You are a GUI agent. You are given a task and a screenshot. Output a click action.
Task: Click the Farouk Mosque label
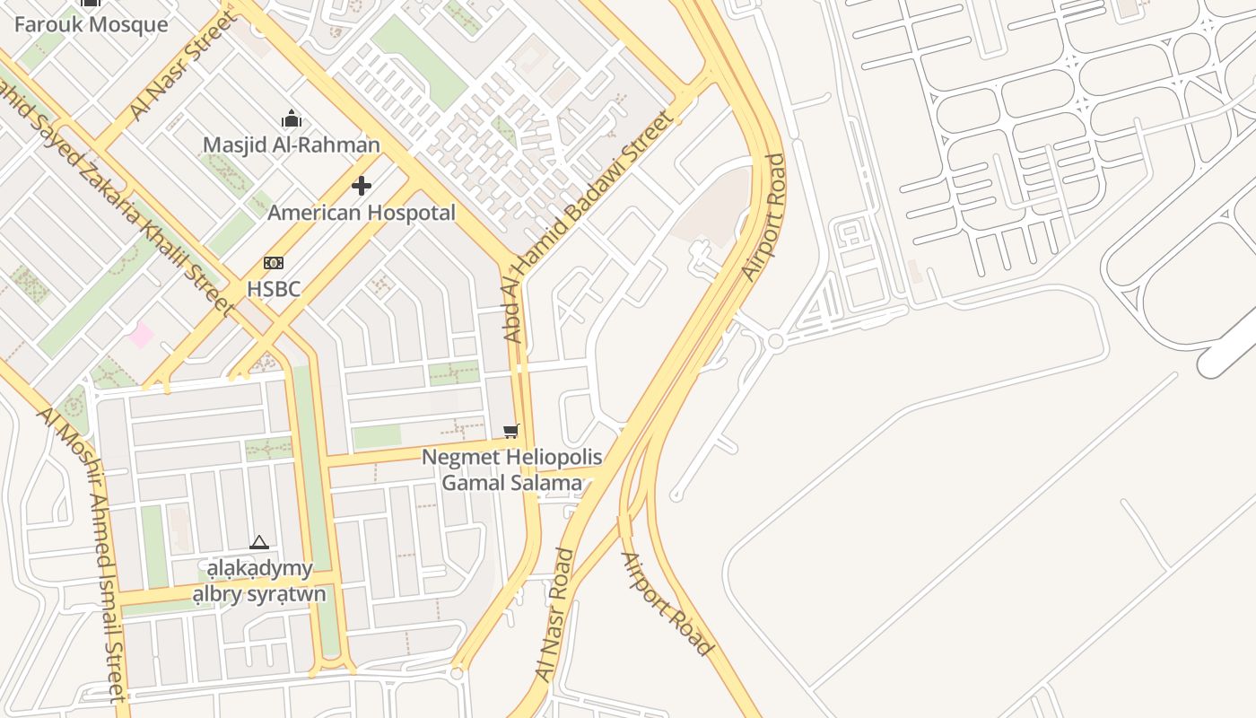pyautogui.click(x=91, y=24)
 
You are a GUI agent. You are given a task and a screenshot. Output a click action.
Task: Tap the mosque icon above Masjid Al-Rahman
pyautogui.click(x=291, y=118)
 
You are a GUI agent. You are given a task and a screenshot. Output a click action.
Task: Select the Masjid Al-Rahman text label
pyautogui.click(x=291, y=144)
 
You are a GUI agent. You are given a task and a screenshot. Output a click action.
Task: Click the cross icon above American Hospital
pyautogui.click(x=362, y=186)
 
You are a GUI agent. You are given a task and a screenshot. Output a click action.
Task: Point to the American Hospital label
pyautogui.click(x=362, y=213)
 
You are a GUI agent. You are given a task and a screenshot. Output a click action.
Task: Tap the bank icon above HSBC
pyautogui.click(x=274, y=263)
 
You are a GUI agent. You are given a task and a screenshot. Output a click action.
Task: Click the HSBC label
pyautogui.click(x=274, y=289)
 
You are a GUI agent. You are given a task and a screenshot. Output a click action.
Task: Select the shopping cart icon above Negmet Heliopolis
pyautogui.click(x=511, y=432)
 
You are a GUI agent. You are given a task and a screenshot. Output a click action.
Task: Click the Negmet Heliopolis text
pyautogui.click(x=511, y=457)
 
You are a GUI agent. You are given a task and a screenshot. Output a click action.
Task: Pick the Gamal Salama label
pyautogui.click(x=511, y=483)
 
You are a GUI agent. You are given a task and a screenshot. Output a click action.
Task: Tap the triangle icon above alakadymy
pyautogui.click(x=259, y=542)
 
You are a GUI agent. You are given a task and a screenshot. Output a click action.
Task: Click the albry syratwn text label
pyautogui.click(x=259, y=594)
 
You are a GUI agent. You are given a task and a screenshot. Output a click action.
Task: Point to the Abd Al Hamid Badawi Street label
pyautogui.click(x=588, y=226)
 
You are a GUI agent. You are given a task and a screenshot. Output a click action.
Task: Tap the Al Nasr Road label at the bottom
pyautogui.click(x=554, y=615)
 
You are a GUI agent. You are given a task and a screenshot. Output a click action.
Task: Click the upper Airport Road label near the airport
pyautogui.click(x=763, y=217)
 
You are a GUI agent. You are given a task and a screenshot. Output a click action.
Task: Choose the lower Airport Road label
pyautogui.click(x=667, y=603)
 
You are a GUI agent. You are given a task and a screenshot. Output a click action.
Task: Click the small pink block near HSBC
pyautogui.click(x=140, y=336)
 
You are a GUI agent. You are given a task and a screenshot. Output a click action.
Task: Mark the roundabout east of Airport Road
pyautogui.click(x=776, y=341)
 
